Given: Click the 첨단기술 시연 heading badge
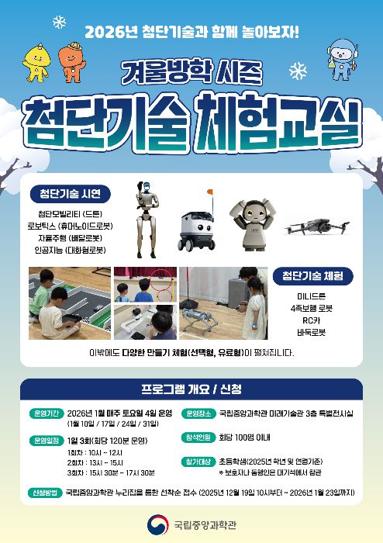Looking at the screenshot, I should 70,192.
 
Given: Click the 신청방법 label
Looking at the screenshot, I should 44,492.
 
